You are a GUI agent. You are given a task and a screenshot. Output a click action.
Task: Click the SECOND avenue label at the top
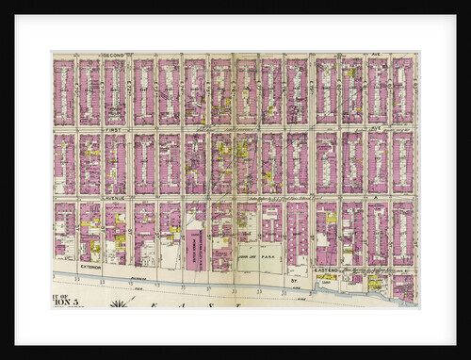[114, 56]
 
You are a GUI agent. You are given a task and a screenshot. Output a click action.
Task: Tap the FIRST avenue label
[114, 127]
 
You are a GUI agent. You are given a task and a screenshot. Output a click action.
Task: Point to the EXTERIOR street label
[90, 267]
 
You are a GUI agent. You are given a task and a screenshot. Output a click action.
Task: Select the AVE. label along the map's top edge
[358, 56]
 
